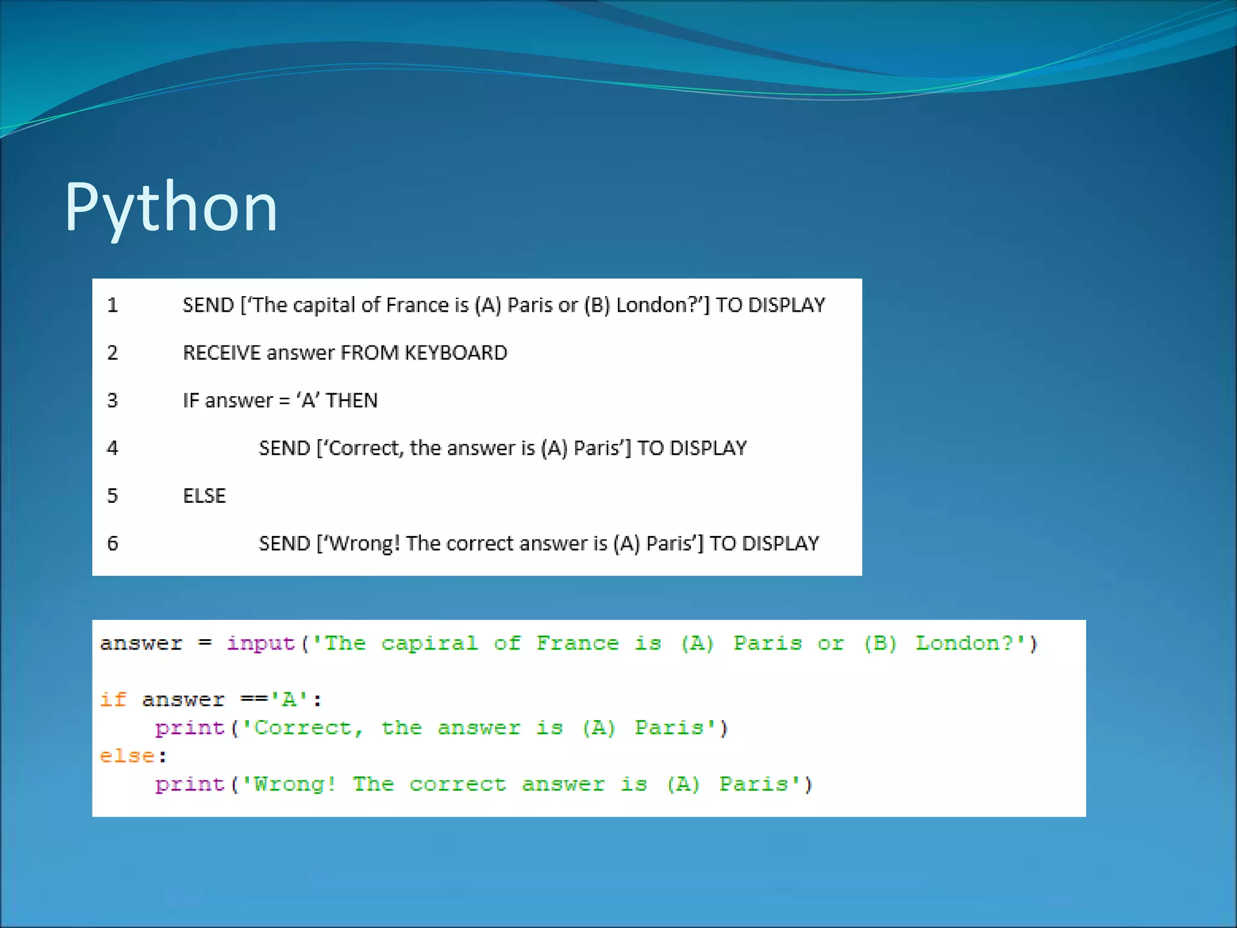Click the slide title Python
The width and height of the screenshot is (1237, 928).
coord(171,207)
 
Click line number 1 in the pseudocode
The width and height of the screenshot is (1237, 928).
coord(113,305)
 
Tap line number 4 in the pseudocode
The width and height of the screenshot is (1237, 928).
coord(113,448)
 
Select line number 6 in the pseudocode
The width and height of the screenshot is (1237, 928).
coord(113,544)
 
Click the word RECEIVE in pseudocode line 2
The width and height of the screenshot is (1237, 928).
coord(222,353)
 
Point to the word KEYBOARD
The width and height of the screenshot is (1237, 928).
coord(456,353)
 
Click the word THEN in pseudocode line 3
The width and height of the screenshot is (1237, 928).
coord(352,401)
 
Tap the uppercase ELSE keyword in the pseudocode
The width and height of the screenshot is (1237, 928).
coord(204,496)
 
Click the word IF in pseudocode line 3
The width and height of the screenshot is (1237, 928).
coord(190,401)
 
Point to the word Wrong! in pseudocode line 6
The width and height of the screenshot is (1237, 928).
coord(365,544)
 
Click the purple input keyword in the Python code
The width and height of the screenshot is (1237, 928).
coord(261,643)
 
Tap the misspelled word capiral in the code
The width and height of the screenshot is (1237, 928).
coord(429,643)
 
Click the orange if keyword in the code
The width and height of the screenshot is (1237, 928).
coord(113,700)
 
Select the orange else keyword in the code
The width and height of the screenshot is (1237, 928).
coord(127,756)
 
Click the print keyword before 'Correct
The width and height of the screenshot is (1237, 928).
coord(190,729)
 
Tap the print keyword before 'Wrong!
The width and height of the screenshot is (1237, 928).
coord(190,785)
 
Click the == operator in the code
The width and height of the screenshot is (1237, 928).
coord(254,700)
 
